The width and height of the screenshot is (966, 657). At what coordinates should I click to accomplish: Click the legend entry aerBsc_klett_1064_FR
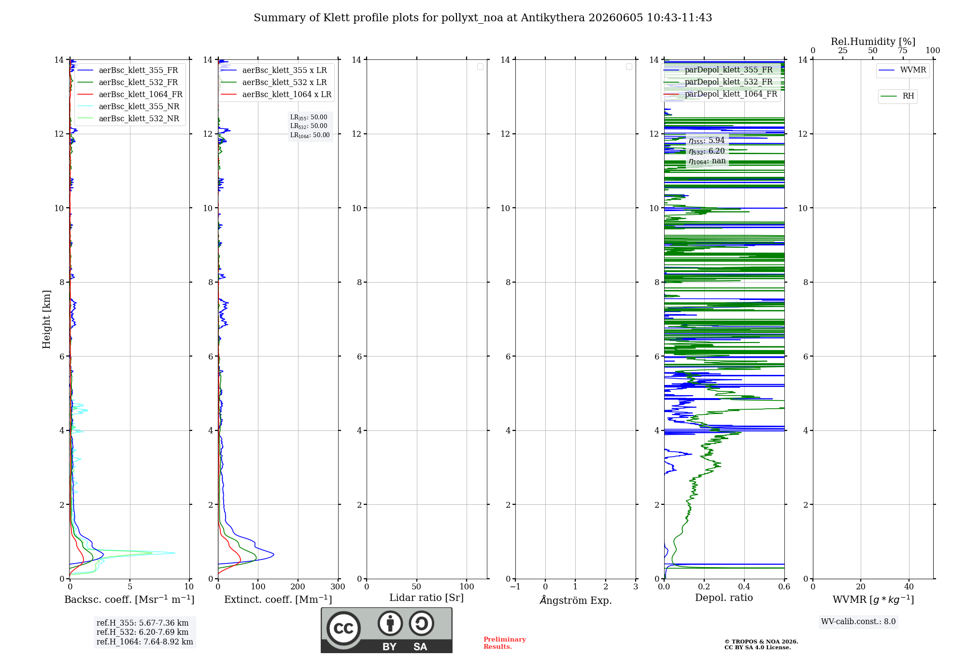(x=130, y=95)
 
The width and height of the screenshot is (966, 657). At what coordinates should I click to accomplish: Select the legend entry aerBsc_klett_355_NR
(x=128, y=107)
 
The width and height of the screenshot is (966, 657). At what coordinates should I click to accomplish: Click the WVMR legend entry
(x=902, y=70)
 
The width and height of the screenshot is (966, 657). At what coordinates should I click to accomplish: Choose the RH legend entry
(x=897, y=96)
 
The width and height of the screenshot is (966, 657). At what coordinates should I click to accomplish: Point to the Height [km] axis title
(x=46, y=319)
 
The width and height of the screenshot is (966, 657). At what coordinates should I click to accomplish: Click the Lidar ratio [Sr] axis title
(x=426, y=598)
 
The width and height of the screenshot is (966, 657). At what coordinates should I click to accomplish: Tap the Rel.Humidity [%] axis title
(x=873, y=42)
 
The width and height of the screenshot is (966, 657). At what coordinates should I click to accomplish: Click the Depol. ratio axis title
(x=724, y=598)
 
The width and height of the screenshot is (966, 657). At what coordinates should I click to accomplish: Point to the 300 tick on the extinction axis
(x=338, y=586)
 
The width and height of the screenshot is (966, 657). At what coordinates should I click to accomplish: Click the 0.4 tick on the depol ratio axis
(x=744, y=586)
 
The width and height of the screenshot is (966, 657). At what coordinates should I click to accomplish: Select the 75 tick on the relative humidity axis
(x=902, y=50)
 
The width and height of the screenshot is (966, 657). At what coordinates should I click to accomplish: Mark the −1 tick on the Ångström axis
(x=515, y=586)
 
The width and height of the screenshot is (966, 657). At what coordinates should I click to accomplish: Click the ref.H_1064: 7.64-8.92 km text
(x=145, y=642)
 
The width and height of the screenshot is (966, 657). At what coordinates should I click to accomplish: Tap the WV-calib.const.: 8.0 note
(x=858, y=622)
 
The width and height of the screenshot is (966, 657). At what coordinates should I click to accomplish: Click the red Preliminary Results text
(x=505, y=643)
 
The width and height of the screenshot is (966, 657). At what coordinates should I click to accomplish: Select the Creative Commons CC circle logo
(x=343, y=628)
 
